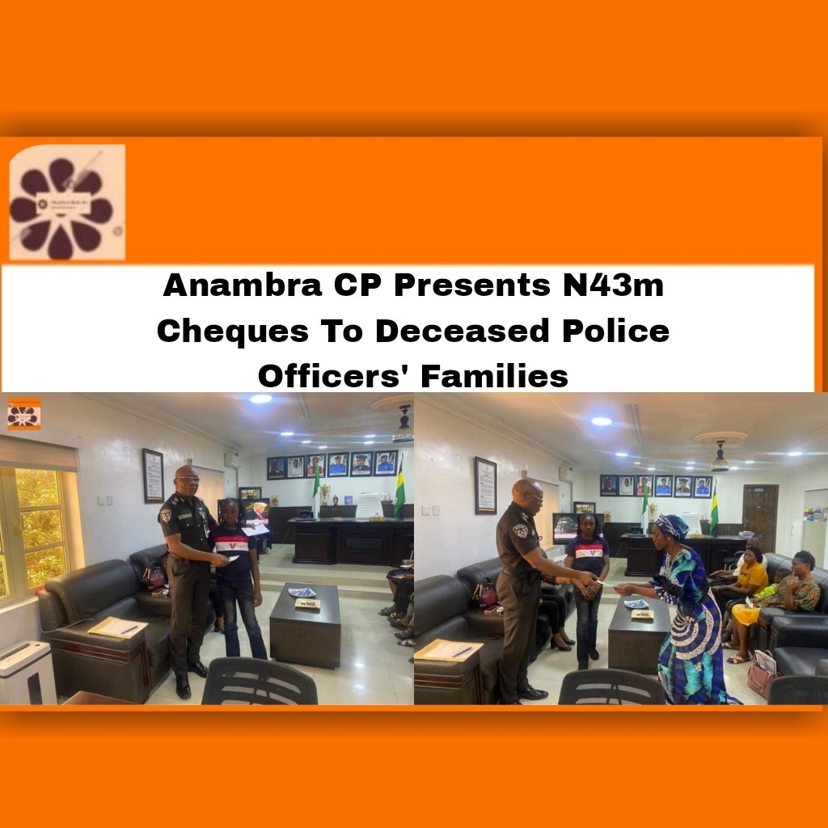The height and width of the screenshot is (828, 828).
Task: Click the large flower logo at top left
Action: tap(65, 203)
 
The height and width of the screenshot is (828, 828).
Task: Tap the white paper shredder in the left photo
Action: tap(27, 671)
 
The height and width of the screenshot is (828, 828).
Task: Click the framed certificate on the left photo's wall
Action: tap(153, 475)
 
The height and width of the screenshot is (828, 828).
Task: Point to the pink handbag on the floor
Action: tap(762, 674)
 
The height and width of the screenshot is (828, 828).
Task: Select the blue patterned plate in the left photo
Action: tap(302, 592)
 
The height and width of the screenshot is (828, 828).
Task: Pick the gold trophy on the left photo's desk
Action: tap(325, 492)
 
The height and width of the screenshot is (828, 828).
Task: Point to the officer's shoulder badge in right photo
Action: tap(522, 530)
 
